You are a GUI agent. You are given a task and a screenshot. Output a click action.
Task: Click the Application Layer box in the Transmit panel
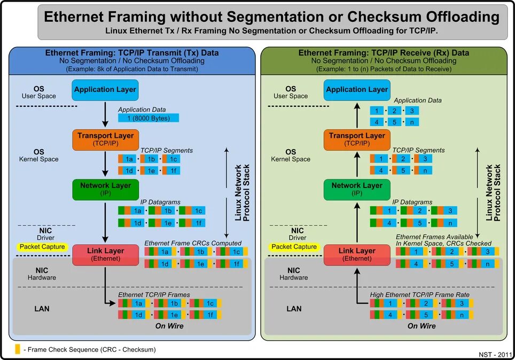click(x=105, y=90)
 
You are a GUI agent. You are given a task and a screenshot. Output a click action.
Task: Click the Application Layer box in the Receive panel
click(x=357, y=90)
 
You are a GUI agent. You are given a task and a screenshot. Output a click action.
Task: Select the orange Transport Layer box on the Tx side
click(x=105, y=139)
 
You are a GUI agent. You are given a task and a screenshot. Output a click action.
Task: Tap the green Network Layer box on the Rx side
click(x=357, y=189)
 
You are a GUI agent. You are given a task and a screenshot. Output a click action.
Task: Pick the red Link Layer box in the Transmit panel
click(x=105, y=254)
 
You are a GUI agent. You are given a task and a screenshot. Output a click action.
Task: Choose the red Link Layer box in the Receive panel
click(x=357, y=254)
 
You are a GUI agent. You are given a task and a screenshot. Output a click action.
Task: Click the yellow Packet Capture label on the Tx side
click(x=42, y=247)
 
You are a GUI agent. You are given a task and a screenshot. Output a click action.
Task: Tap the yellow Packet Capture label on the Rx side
click(x=294, y=247)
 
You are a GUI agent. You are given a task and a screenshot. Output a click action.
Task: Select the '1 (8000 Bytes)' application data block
click(x=149, y=118)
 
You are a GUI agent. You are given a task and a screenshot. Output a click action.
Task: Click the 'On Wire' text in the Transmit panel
click(x=169, y=326)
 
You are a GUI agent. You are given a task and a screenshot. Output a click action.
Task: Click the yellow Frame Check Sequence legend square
click(x=18, y=349)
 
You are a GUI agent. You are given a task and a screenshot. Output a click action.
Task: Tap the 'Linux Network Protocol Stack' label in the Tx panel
click(x=242, y=193)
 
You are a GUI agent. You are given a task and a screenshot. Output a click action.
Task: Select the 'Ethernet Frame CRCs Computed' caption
click(x=193, y=243)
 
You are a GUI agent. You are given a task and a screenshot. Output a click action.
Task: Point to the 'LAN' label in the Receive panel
click(x=294, y=309)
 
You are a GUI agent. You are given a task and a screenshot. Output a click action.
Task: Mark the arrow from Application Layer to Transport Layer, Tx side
click(x=105, y=114)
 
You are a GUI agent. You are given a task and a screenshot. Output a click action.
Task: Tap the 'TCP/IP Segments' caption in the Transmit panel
click(x=166, y=151)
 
